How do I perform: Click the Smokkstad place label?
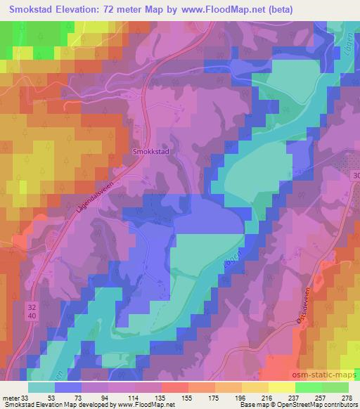point(148,150)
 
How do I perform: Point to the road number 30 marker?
point(355,175)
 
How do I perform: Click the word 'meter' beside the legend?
point(11,397)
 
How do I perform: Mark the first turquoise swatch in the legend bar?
point(41,387)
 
